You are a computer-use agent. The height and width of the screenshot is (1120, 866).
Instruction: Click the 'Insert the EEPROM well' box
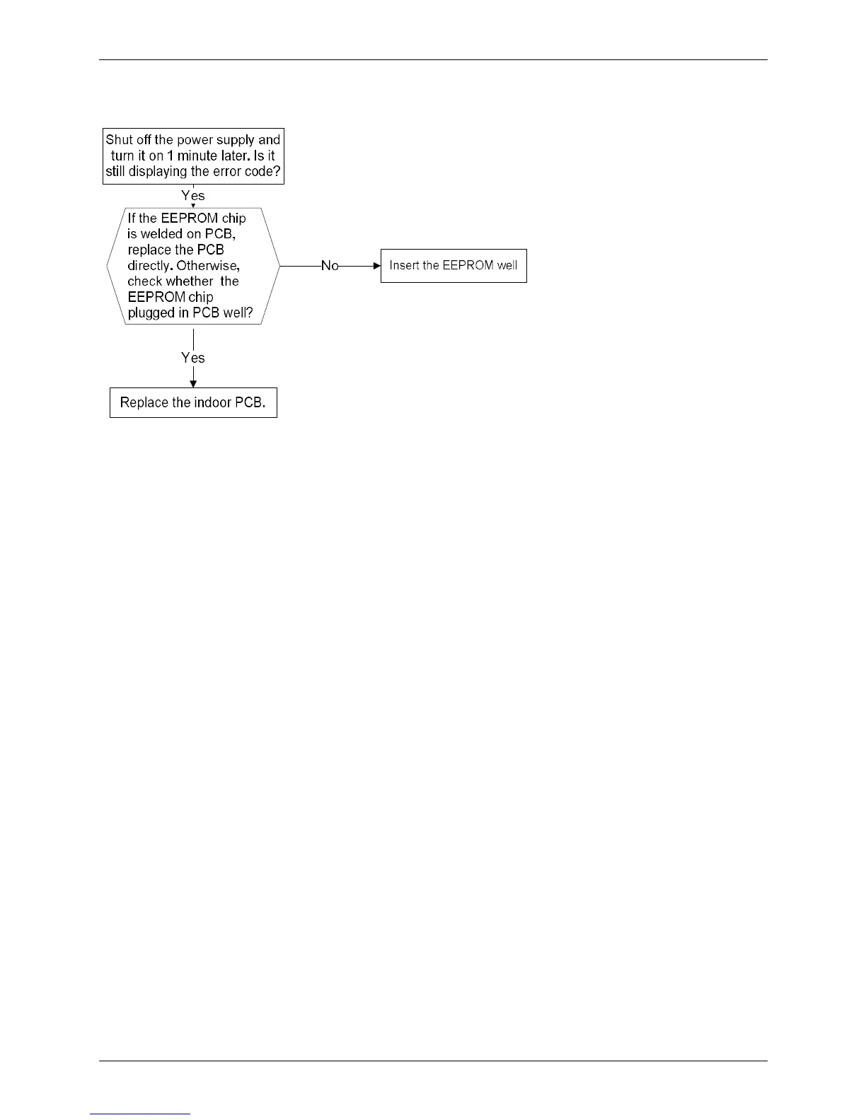tap(454, 266)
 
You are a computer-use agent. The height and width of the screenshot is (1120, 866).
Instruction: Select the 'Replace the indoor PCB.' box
tap(193, 402)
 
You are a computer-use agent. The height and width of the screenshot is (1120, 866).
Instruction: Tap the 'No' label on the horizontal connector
tap(330, 266)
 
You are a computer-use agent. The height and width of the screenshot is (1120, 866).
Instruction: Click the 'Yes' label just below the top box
tap(193, 196)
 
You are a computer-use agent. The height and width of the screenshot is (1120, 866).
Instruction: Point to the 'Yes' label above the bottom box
tap(193, 358)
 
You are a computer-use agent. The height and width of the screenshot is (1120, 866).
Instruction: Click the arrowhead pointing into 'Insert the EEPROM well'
tap(377, 266)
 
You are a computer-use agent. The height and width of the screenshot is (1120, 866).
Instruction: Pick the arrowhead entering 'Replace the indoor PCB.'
tap(193, 383)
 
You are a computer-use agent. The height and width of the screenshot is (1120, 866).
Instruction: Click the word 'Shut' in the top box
tap(120, 140)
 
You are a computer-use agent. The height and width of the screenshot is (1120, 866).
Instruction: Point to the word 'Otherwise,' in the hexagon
tap(208, 266)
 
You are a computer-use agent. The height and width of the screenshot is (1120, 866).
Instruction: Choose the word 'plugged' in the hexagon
tap(149, 313)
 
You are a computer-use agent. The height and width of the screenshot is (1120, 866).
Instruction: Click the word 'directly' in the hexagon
tap(149, 266)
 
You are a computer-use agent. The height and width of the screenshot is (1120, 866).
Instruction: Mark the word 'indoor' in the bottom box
tap(212, 402)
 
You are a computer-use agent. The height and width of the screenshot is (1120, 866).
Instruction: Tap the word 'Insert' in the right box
tap(404, 266)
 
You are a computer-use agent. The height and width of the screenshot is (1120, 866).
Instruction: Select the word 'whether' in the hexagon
tap(191, 281)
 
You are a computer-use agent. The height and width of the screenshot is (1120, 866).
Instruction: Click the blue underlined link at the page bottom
tap(140, 1114)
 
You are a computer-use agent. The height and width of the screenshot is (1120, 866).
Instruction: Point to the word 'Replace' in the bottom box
tap(145, 402)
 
